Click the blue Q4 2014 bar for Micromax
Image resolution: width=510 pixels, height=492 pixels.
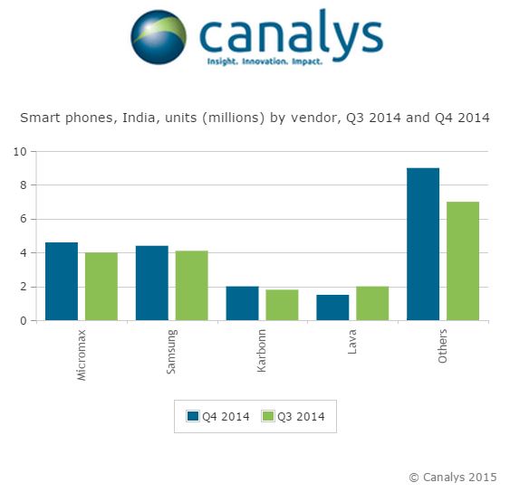tap(62, 281)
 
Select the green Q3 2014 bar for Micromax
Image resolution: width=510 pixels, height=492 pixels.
tap(101, 287)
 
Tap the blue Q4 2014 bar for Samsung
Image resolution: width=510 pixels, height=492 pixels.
tap(152, 283)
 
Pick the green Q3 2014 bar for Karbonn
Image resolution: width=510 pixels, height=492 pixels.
tap(282, 305)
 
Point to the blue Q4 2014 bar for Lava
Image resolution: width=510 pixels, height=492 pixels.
tap(332, 307)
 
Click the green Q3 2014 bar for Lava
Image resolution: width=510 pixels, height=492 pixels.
tap(372, 303)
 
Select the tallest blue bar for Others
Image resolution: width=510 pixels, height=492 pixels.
tap(423, 244)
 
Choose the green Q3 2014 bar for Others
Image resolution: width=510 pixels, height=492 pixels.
tap(463, 261)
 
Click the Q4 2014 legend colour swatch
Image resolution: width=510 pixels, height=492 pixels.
tap(193, 416)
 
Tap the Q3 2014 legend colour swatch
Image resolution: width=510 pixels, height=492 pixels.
tap(268, 416)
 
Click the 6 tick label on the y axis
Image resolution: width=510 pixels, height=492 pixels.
tap(23, 219)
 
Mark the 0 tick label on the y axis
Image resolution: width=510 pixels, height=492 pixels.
tap(23, 321)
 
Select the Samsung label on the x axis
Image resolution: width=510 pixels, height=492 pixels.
tap(171, 352)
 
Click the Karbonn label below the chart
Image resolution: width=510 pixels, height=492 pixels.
tap(261, 350)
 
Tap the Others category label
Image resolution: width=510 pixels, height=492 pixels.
tap(442, 345)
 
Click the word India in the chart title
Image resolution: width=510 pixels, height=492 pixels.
tap(139, 118)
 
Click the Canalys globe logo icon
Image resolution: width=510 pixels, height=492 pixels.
tap(159, 37)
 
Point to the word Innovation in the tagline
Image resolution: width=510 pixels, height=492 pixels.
tap(265, 61)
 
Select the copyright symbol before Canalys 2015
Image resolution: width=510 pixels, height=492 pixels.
tap(414, 478)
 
